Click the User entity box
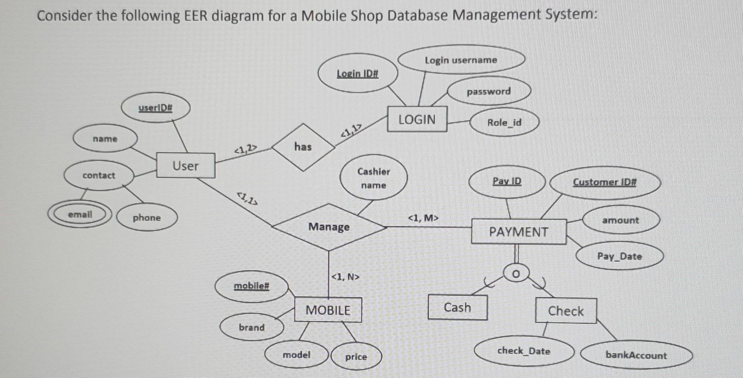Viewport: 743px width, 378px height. (x=185, y=166)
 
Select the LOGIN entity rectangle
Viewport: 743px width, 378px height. (x=417, y=119)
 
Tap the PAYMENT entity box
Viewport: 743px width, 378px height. (x=519, y=232)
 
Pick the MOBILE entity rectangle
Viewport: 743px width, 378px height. (x=328, y=310)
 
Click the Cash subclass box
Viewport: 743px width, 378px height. (x=457, y=307)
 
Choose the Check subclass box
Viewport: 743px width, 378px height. (x=566, y=311)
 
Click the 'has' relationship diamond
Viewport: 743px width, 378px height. (x=303, y=147)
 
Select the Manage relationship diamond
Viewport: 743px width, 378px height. (x=329, y=227)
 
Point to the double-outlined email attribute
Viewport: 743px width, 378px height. (x=80, y=214)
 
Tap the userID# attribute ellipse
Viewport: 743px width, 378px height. (x=155, y=108)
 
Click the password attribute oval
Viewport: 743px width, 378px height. (x=489, y=91)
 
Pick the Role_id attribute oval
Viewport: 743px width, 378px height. (x=504, y=123)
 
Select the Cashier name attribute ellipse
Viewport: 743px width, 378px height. (x=374, y=178)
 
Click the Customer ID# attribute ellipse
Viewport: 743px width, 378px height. (x=604, y=182)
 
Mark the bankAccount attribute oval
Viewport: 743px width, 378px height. (x=636, y=355)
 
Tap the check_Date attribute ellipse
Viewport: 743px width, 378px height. (x=524, y=351)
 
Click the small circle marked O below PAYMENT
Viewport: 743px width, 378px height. (x=516, y=274)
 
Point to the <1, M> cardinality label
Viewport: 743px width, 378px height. (x=423, y=218)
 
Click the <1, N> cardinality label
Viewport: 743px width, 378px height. (x=346, y=277)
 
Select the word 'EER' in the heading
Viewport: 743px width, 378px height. (x=196, y=16)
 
